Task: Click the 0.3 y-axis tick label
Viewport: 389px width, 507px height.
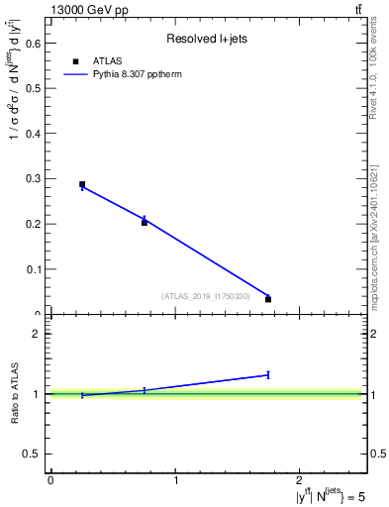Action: coord(35,178)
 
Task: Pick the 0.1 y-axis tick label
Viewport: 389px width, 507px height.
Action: coord(35,269)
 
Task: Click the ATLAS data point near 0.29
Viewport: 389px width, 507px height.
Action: coord(82,184)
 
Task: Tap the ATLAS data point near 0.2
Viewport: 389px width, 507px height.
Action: coord(145,223)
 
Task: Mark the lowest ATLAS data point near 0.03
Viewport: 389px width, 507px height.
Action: coord(268,299)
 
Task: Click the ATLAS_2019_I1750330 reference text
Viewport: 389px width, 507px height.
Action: coord(211,296)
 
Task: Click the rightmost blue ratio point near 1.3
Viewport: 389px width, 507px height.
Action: coord(268,374)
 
